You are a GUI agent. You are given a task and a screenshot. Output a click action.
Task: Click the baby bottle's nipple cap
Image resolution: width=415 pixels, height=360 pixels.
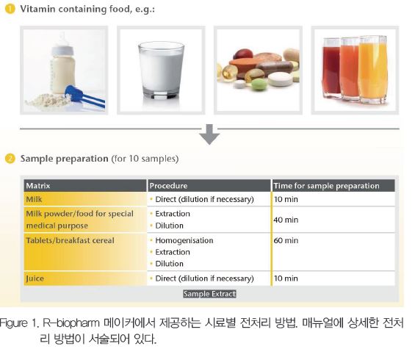click(62, 45)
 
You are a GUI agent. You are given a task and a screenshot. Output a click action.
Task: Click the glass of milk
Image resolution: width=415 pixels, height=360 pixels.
click(161, 70)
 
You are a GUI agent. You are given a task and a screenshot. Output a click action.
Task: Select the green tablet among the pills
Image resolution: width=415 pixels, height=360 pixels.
click(258, 85)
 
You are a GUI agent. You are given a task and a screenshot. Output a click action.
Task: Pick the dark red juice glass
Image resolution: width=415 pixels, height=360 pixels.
click(331, 68)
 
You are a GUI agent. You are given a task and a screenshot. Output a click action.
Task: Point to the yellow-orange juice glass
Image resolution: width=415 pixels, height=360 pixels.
click(372, 69)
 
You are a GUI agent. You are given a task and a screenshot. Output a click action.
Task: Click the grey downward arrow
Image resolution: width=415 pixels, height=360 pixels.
click(209, 134)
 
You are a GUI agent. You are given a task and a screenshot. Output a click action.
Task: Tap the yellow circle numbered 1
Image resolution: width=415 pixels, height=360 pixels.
click(10, 9)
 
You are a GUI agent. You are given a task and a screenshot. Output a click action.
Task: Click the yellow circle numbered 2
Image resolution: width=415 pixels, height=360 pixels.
click(10, 159)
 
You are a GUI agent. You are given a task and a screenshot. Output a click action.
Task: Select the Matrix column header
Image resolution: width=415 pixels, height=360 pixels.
click(38, 186)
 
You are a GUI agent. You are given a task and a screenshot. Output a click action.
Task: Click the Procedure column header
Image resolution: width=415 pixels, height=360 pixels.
click(168, 186)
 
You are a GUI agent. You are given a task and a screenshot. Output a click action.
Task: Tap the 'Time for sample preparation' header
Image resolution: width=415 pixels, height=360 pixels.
click(326, 186)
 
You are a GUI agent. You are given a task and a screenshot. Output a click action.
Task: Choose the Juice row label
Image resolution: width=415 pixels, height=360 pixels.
click(35, 278)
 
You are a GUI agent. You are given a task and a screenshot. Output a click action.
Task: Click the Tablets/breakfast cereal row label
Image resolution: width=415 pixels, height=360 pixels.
click(70, 240)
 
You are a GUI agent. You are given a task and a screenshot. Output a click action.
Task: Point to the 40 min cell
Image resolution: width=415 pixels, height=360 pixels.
click(286, 220)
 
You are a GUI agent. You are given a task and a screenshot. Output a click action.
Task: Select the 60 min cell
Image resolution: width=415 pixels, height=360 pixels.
click(286, 240)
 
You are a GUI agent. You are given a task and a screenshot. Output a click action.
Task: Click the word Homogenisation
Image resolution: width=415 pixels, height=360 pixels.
click(184, 240)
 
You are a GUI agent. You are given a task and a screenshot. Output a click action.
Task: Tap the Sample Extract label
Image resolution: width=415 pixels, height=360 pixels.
click(209, 294)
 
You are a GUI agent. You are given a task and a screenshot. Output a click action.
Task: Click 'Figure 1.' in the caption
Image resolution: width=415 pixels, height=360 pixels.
click(19, 323)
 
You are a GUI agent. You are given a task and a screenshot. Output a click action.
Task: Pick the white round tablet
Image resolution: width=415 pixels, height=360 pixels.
click(281, 79)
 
